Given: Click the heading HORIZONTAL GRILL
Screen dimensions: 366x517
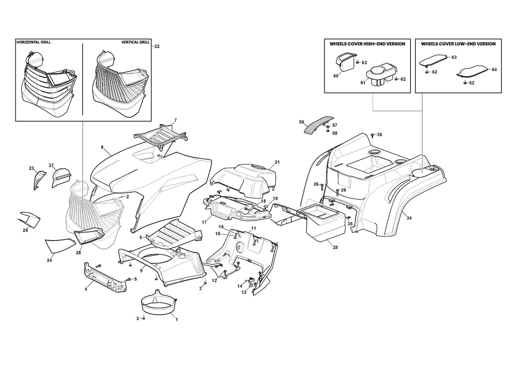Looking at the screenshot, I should (34, 42).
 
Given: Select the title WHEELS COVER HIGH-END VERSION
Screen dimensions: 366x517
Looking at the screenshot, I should (367, 44).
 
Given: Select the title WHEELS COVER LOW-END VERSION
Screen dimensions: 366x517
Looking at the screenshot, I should (458, 44).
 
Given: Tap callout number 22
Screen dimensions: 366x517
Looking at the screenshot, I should (157, 46).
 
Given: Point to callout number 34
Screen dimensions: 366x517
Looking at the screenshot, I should (409, 218).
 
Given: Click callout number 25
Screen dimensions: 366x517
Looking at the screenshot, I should (335, 248).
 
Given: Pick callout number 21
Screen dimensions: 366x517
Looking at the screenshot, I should (277, 162).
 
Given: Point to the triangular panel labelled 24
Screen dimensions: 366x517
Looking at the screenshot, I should (59, 245).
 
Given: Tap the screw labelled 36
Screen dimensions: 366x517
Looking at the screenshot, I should (372, 134).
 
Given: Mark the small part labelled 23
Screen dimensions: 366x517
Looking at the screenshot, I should (38, 179).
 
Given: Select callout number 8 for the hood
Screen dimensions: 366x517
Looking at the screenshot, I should (102, 147).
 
